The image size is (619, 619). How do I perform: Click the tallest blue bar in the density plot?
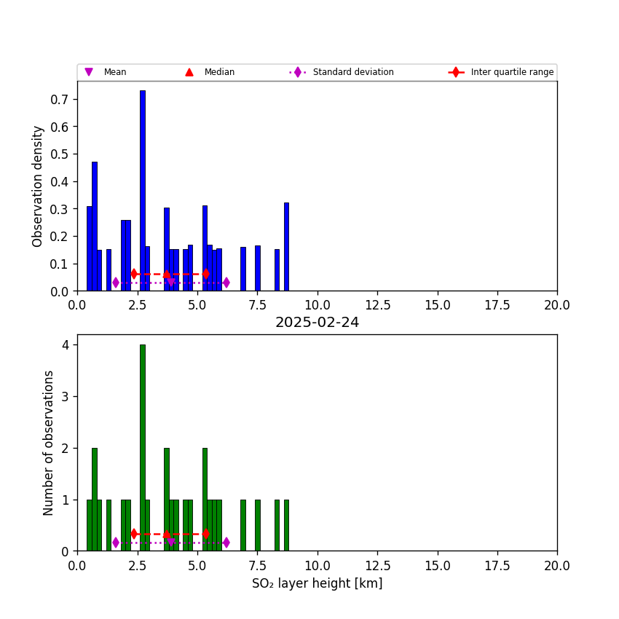(143, 189)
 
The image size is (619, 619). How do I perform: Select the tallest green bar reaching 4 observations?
(143, 448)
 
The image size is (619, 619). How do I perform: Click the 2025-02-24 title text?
(317, 323)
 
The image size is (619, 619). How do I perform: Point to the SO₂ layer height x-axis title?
(317, 583)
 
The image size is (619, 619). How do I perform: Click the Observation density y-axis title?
(38, 186)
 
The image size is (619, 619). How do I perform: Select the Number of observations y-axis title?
(49, 443)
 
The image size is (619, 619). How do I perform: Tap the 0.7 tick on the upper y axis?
(61, 99)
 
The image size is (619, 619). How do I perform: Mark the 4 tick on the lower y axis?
(66, 345)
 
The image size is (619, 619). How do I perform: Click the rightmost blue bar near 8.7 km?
(286, 248)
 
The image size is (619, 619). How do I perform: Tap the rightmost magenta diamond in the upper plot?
(226, 283)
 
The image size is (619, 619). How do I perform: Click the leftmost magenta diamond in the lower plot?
(116, 543)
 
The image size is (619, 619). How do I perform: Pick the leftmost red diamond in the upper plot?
(134, 274)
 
